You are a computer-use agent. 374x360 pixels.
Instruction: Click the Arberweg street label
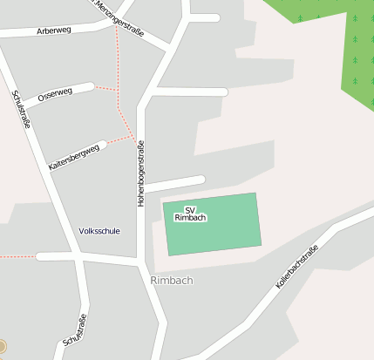[x=54, y=29]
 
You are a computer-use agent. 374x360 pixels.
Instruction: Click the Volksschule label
[x=99, y=231]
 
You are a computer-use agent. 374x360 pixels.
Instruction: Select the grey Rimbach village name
[x=171, y=281]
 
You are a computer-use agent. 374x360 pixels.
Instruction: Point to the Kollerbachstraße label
[x=297, y=268]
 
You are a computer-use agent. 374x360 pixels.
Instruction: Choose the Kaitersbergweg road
[x=98, y=145]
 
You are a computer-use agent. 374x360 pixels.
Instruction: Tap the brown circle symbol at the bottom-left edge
[x=2, y=346]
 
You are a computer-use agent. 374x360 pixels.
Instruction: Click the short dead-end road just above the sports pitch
[x=174, y=184]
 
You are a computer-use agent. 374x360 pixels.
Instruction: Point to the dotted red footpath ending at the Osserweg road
[x=105, y=88]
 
